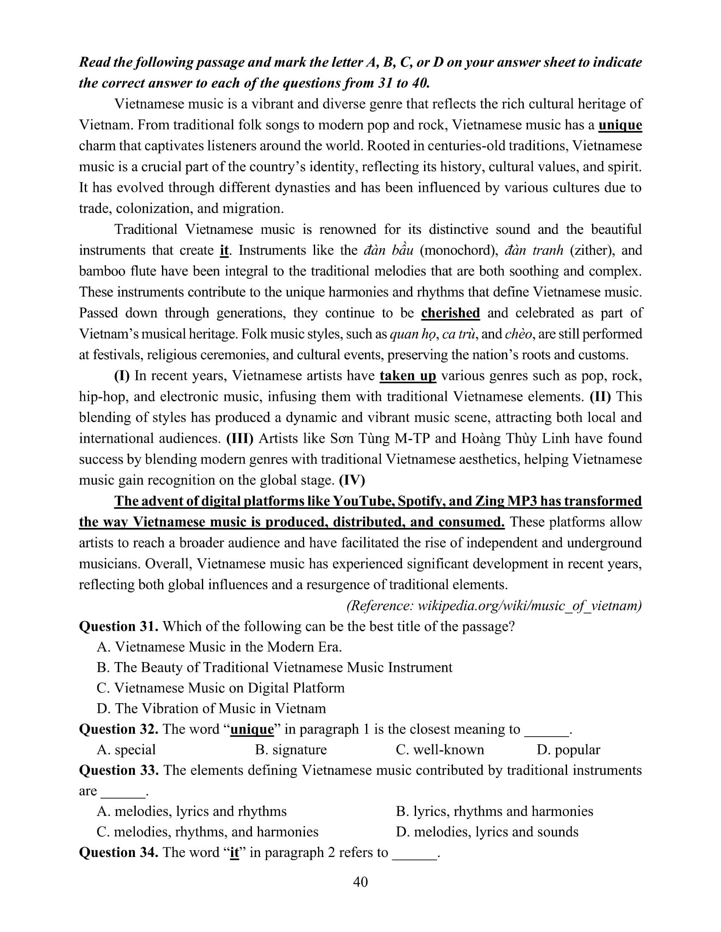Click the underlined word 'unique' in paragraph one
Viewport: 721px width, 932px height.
(x=620, y=125)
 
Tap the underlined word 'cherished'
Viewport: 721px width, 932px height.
(x=450, y=313)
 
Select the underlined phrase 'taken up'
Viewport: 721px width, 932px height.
(x=408, y=376)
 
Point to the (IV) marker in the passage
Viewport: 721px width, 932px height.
(x=352, y=480)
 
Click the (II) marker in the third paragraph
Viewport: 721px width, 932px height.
(x=600, y=397)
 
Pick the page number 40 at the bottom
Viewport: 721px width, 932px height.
(x=360, y=882)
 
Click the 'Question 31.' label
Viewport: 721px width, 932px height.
(x=119, y=627)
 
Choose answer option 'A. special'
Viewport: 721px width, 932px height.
(x=126, y=750)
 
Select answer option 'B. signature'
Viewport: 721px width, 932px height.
(x=291, y=750)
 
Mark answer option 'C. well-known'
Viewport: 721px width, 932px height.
(x=439, y=750)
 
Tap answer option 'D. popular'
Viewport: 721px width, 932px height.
(x=568, y=750)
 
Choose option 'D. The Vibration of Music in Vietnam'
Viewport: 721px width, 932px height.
(x=211, y=709)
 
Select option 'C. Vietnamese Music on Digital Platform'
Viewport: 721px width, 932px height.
(x=221, y=688)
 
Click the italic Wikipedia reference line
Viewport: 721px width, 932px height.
(x=494, y=606)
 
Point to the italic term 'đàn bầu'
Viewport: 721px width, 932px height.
(x=388, y=250)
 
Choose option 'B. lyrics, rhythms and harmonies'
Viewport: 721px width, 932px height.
(x=494, y=811)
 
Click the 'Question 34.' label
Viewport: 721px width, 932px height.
(x=119, y=853)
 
